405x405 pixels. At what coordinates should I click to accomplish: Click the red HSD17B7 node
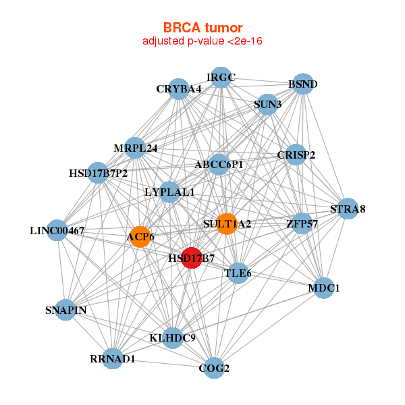point(192,259)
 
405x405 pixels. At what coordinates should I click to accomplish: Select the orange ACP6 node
point(140,236)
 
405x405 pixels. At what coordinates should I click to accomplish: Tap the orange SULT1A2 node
point(227,223)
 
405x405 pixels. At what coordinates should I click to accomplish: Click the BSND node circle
point(303,84)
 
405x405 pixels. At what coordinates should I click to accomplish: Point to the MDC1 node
point(324,288)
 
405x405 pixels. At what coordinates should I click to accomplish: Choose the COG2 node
point(214,368)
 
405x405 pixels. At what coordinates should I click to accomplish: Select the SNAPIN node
point(65,310)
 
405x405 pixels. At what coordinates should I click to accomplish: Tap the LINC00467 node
point(57,230)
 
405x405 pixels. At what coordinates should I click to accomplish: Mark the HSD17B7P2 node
point(99,173)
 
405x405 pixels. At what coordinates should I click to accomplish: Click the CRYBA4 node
point(178,89)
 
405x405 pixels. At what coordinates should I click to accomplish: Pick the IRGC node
point(221,78)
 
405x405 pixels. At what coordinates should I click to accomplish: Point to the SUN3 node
point(268,105)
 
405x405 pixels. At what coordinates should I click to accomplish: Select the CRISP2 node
point(296,155)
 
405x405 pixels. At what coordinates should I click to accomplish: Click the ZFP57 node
point(302,223)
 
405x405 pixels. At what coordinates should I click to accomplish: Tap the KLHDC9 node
point(173,337)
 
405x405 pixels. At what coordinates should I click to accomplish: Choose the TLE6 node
point(237,273)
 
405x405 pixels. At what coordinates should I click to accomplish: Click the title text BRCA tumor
point(202,28)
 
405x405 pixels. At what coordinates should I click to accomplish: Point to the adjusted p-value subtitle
point(202,41)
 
